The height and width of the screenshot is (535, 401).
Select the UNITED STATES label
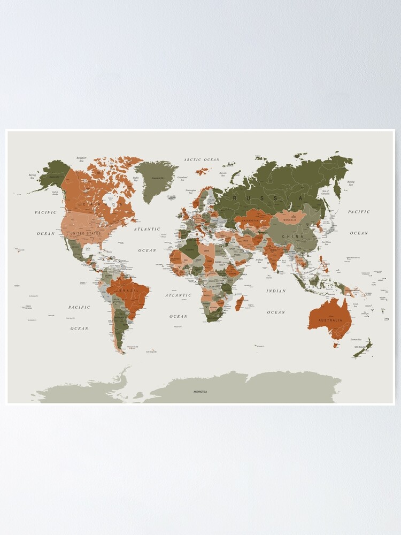85,233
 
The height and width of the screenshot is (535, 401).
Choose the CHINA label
293,236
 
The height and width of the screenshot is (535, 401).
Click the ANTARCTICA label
200,392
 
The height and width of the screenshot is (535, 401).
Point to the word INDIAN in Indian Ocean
276,291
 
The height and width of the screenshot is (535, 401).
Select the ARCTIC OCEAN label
202,159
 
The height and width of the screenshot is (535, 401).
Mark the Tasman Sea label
356,339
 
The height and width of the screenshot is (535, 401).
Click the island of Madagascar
239,303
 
